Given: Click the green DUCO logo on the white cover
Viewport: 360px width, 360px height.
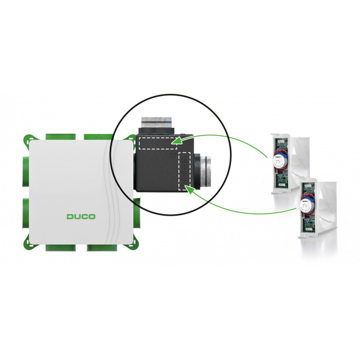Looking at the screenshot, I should pyautogui.click(x=81, y=216).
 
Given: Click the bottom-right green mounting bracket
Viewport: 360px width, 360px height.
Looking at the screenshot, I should pyautogui.click(x=133, y=242).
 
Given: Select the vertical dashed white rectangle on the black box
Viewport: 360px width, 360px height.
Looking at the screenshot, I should pyautogui.click(x=184, y=172).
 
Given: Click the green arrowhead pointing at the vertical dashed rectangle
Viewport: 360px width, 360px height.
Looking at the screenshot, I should pyautogui.click(x=189, y=189).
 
